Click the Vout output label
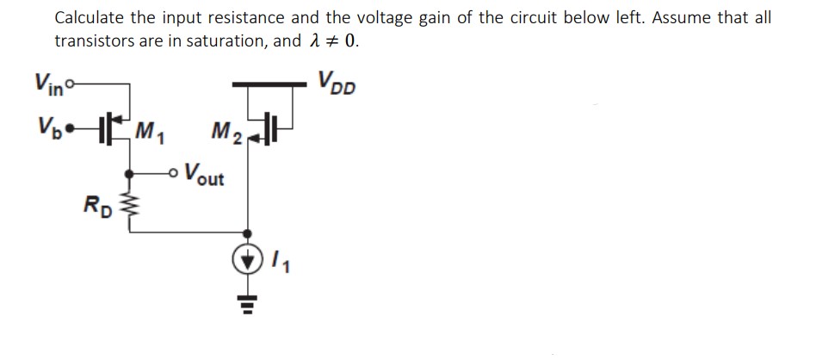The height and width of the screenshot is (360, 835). pos(203,176)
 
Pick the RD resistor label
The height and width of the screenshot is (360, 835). pos(96,206)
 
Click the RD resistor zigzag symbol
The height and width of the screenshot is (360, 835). pos(130,203)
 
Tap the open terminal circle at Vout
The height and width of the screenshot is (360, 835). pos(174,169)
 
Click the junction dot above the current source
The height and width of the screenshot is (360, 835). pos(249,233)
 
